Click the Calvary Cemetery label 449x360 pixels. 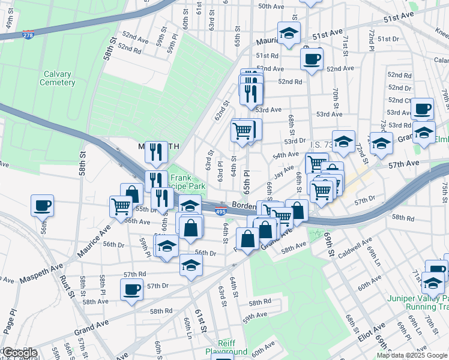click(57, 78)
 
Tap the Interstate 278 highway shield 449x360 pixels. click(28, 35)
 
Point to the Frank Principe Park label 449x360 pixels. click(188, 182)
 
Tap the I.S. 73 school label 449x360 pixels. click(321, 145)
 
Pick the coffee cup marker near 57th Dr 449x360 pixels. click(131, 290)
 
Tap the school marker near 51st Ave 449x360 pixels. click(289, 34)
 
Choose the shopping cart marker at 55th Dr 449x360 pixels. click(121, 207)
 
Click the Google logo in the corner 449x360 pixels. click(19, 353)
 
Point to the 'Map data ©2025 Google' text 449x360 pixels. click(412, 355)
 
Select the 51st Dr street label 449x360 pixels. click(388, 38)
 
